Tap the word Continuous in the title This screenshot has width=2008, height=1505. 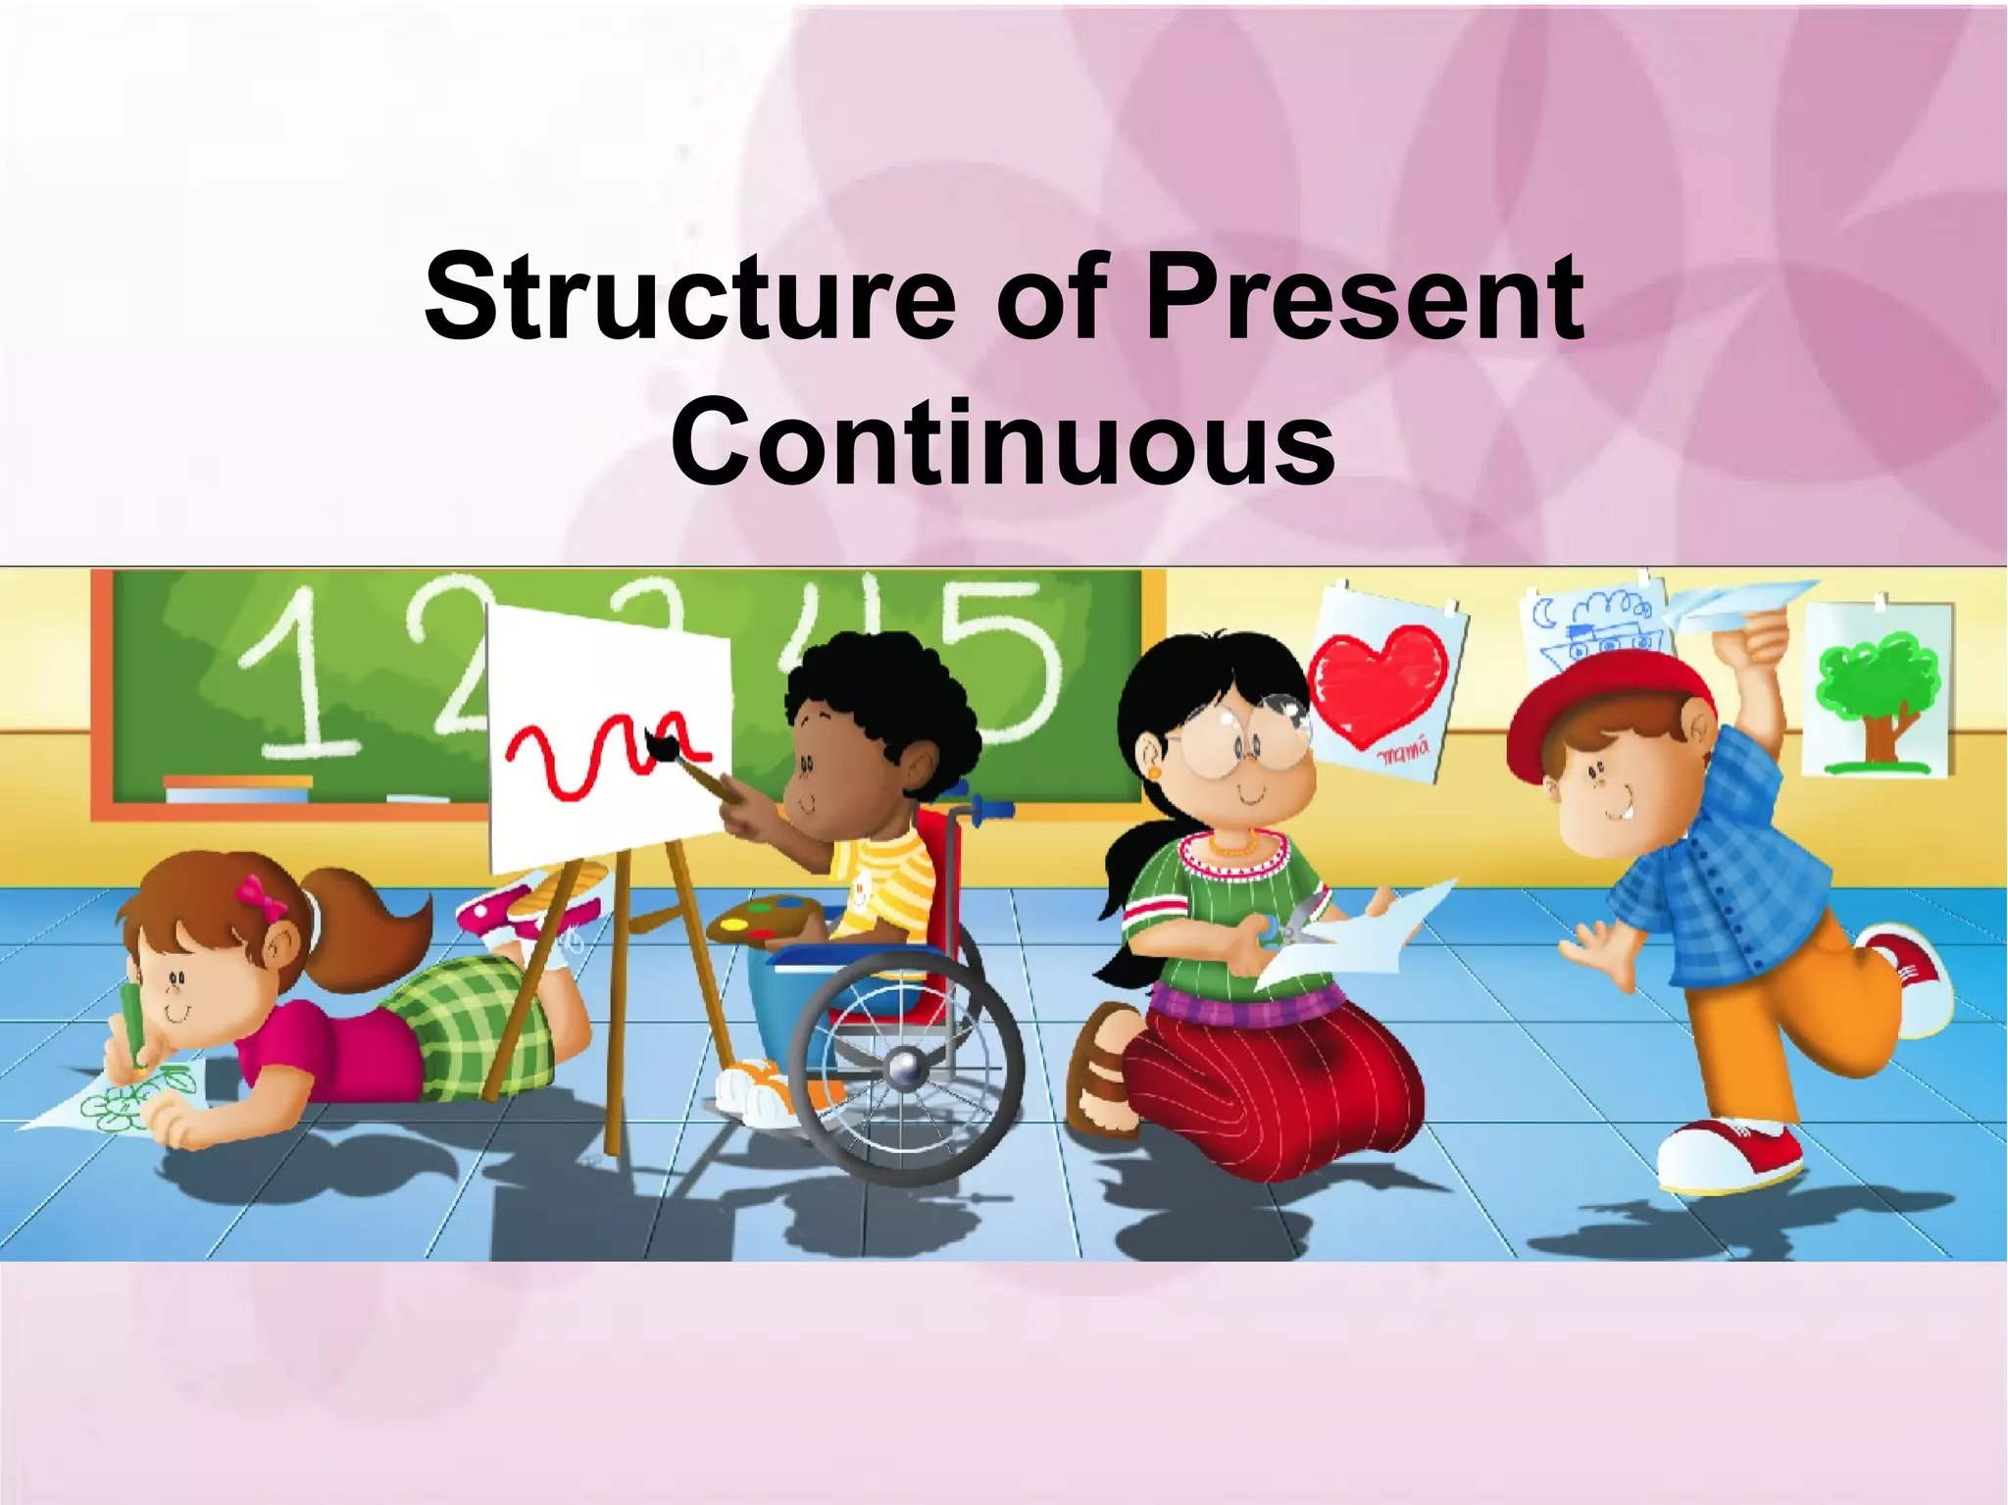pos(1002,443)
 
